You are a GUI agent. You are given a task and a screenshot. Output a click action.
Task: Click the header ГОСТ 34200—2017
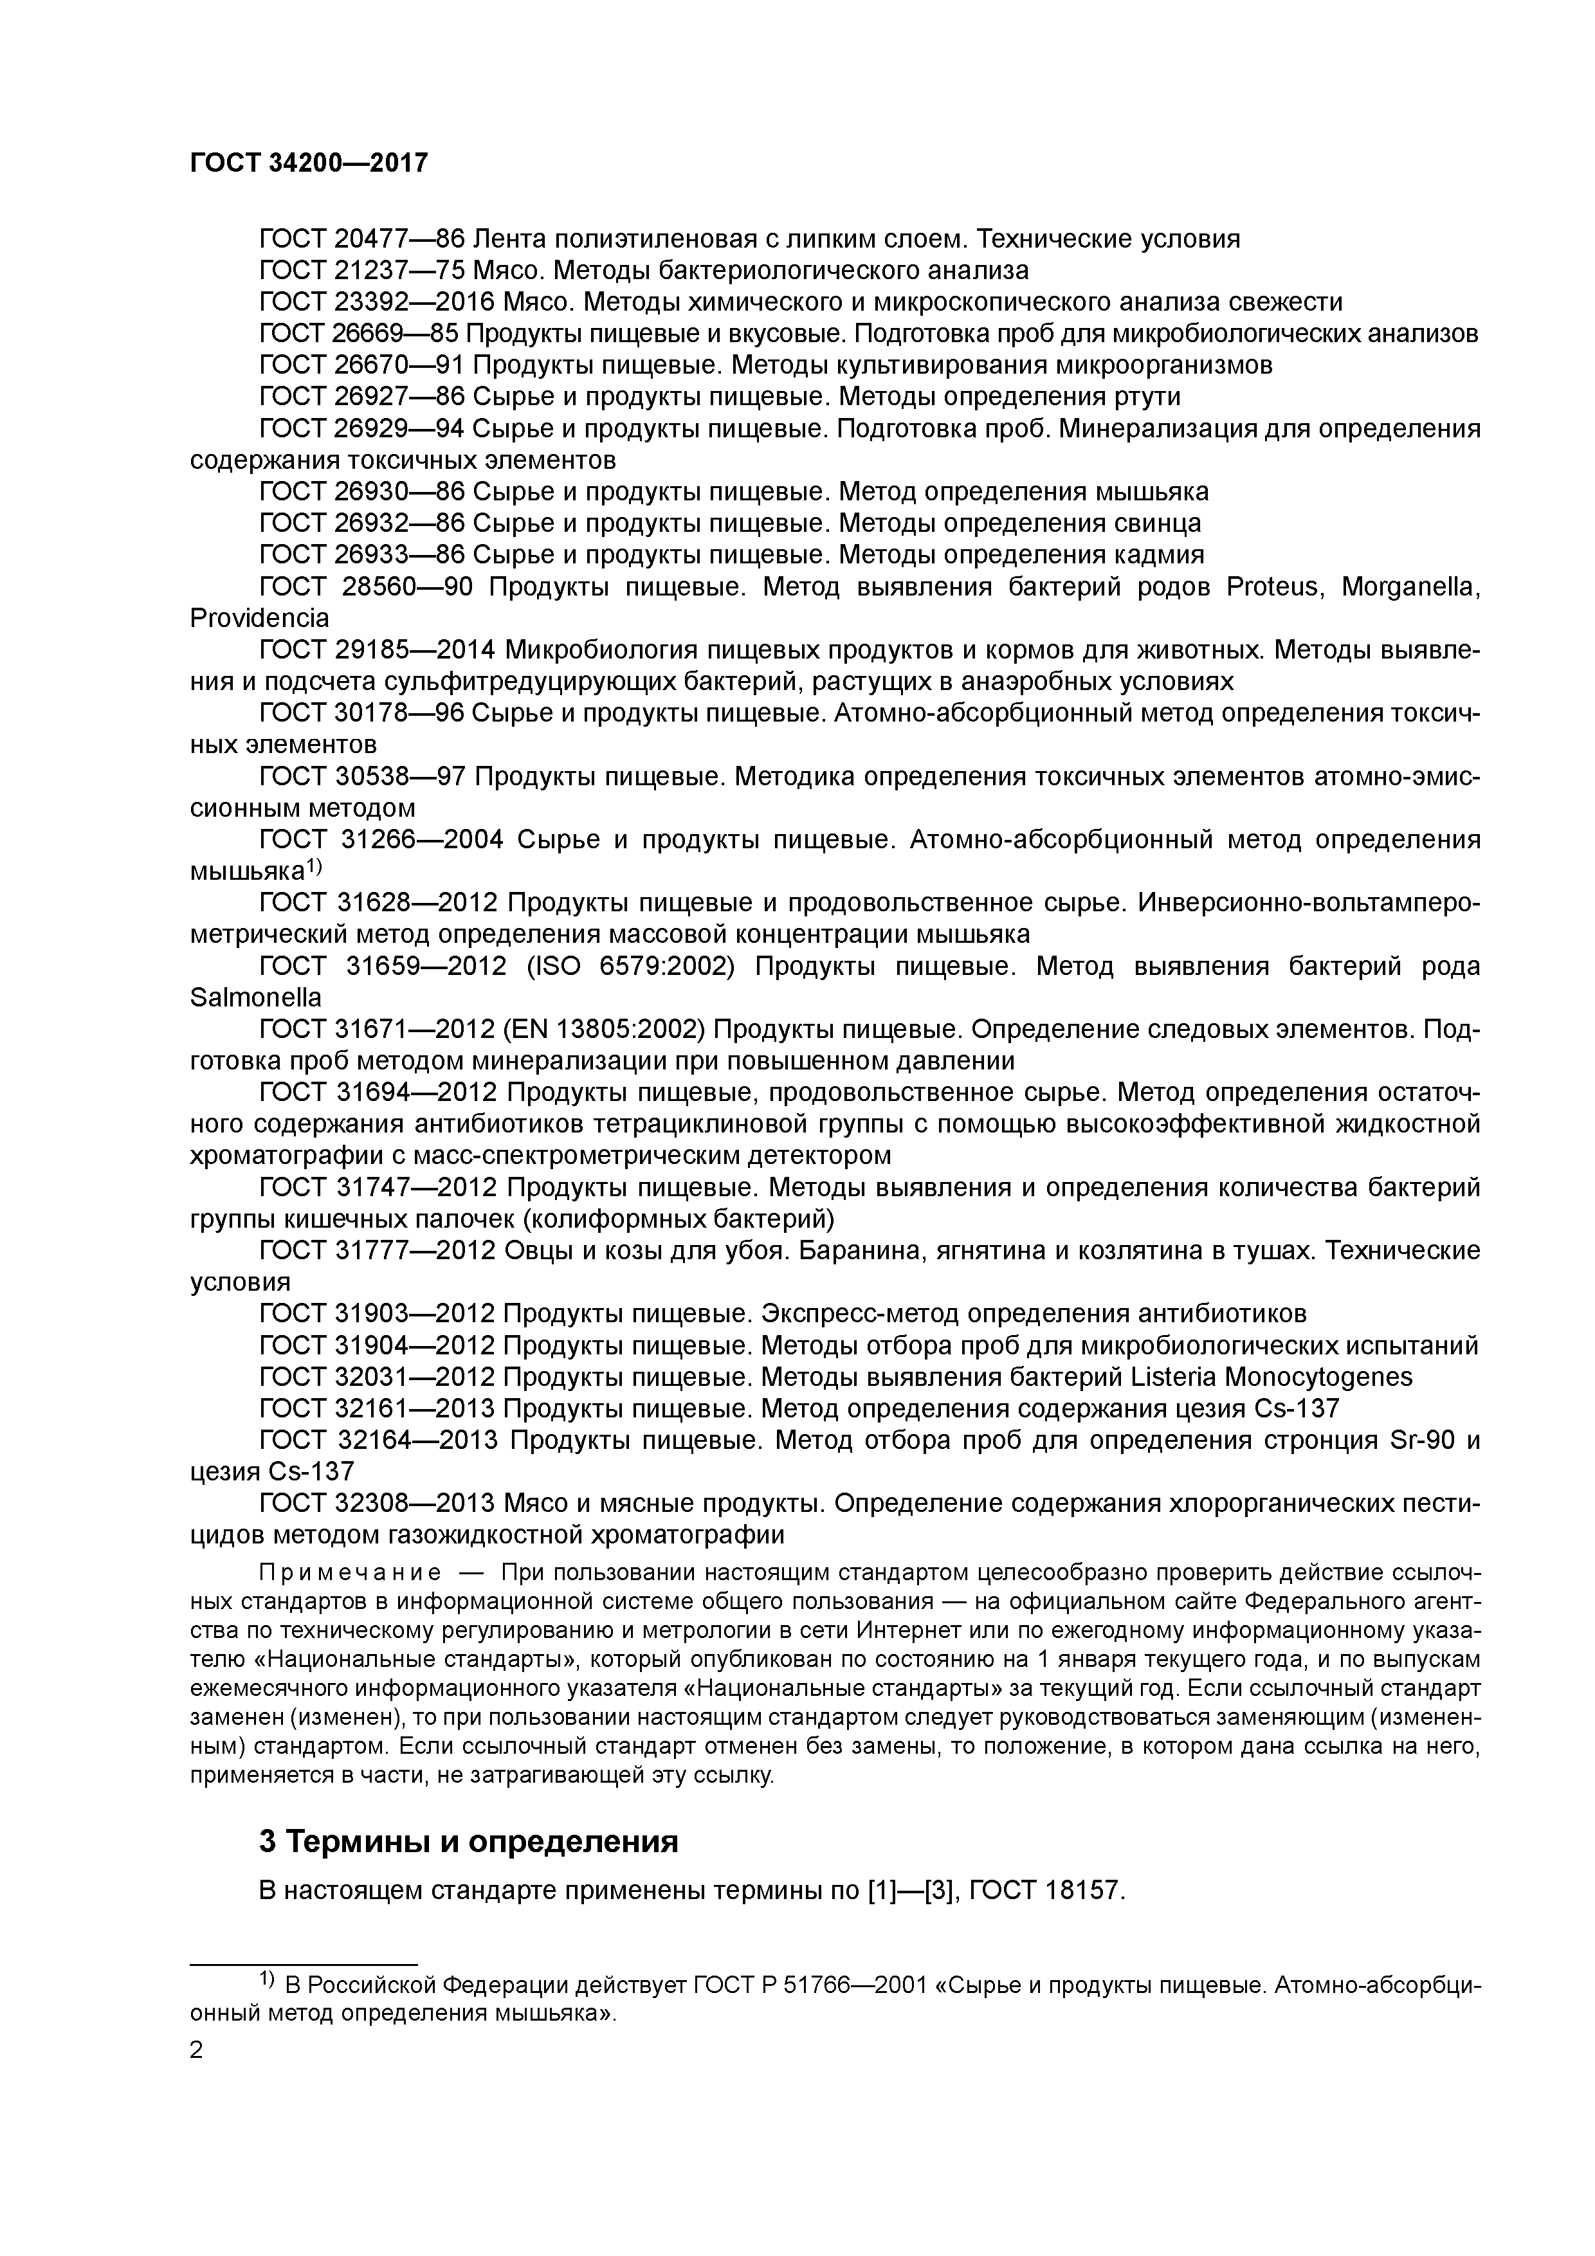(x=309, y=163)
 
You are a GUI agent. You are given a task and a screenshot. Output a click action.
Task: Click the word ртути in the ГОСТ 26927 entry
(x=1148, y=397)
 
